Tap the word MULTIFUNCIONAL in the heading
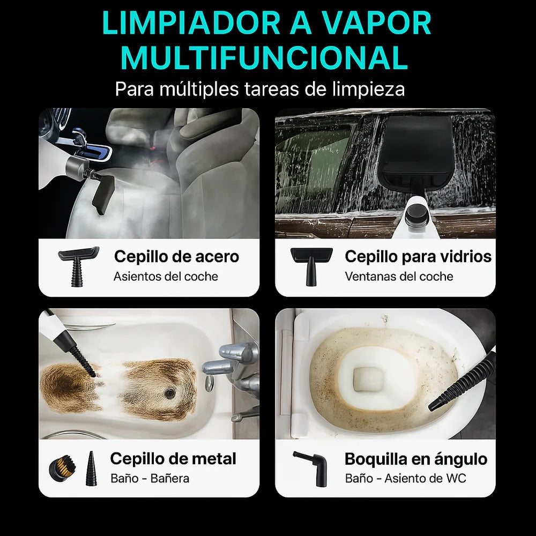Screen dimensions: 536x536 click(x=265, y=58)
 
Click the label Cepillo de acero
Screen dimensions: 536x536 click(x=176, y=256)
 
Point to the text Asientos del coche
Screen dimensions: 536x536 click(x=166, y=277)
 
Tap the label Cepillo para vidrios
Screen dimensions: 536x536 click(x=418, y=256)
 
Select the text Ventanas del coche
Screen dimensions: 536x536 click(x=399, y=277)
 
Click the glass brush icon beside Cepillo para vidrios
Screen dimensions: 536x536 click(x=311, y=265)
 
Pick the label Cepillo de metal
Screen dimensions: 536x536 click(x=173, y=459)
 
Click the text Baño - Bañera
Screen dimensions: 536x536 click(x=150, y=479)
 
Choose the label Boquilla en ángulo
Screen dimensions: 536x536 click(x=416, y=459)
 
